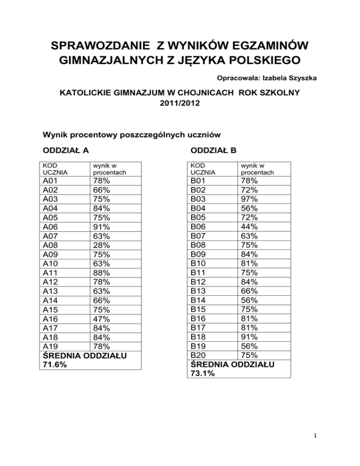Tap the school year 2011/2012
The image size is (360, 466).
point(180,107)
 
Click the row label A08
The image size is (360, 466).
point(51,245)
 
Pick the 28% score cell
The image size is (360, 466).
point(102,245)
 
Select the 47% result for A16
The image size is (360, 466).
point(102,319)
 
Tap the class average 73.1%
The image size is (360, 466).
point(202,373)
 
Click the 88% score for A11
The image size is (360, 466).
point(102,273)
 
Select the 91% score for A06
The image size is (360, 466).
point(102,226)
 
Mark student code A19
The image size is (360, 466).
point(51,346)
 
